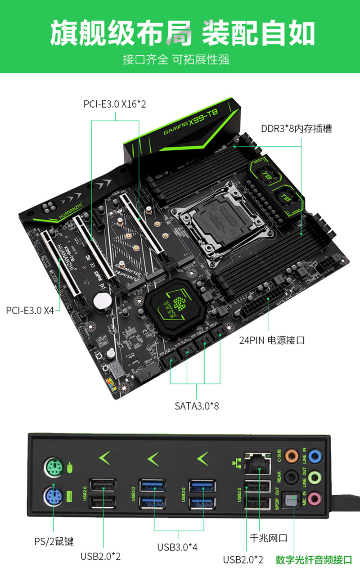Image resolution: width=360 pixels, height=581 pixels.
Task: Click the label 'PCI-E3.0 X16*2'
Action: (x=115, y=104)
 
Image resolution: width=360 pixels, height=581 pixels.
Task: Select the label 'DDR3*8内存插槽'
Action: (x=297, y=129)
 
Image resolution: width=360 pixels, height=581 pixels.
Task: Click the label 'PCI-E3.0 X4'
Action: (x=30, y=310)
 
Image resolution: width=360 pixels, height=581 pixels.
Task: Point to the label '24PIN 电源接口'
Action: (x=272, y=340)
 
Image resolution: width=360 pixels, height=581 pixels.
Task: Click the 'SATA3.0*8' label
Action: (x=197, y=406)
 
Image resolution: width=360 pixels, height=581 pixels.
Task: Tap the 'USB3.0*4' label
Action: (x=177, y=547)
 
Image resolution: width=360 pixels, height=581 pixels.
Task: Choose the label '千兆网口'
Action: (x=269, y=538)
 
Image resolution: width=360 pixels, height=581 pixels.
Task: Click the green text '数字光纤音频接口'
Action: (x=314, y=560)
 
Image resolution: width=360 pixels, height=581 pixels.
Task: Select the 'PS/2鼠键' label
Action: (x=54, y=541)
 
